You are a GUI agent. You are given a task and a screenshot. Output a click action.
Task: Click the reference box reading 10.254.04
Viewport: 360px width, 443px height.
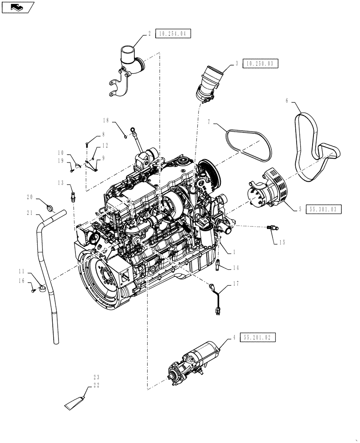tap(173, 33)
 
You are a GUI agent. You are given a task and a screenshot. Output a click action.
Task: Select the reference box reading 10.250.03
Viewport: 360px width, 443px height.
tap(261, 64)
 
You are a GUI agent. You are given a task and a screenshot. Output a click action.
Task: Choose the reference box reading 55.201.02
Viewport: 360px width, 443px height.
tap(258, 338)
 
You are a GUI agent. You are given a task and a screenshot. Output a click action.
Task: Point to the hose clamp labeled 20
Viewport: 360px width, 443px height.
tap(51, 206)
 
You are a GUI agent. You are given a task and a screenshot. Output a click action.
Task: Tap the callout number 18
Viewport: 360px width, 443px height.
tap(106, 120)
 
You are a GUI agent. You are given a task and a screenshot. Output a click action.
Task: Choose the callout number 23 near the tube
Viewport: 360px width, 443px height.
tap(96, 377)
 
